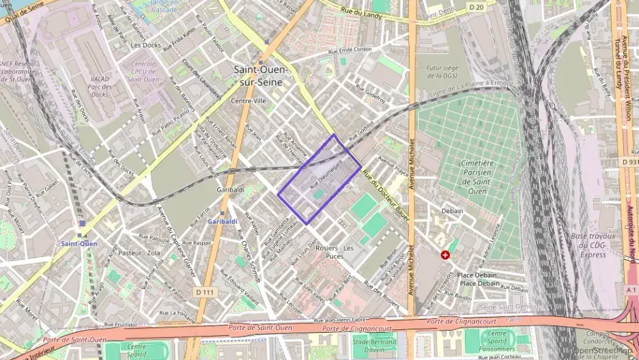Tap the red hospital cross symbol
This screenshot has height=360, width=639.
(x=445, y=255)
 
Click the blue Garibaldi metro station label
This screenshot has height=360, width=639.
(x=223, y=222)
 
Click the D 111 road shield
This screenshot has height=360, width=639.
(x=203, y=292)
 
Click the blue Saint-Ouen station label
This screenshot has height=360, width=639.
(x=79, y=244)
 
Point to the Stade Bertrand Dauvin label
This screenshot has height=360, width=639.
(x=375, y=344)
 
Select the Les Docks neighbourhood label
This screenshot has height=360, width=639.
(x=145, y=45)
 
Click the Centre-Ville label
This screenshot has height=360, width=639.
(x=248, y=100)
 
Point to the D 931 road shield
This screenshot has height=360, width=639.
(x=629, y=162)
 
